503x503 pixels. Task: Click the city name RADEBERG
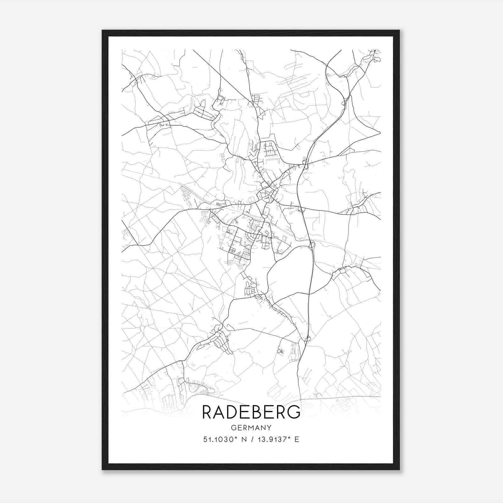pyautogui.click(x=251, y=412)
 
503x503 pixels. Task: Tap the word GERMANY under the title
pyautogui.click(x=251, y=428)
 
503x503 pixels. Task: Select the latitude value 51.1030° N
pyautogui.click(x=224, y=439)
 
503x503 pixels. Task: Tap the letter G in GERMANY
pyautogui.click(x=233, y=428)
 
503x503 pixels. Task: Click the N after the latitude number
pyautogui.click(x=243, y=439)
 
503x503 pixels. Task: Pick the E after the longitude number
pyautogui.click(x=297, y=439)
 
